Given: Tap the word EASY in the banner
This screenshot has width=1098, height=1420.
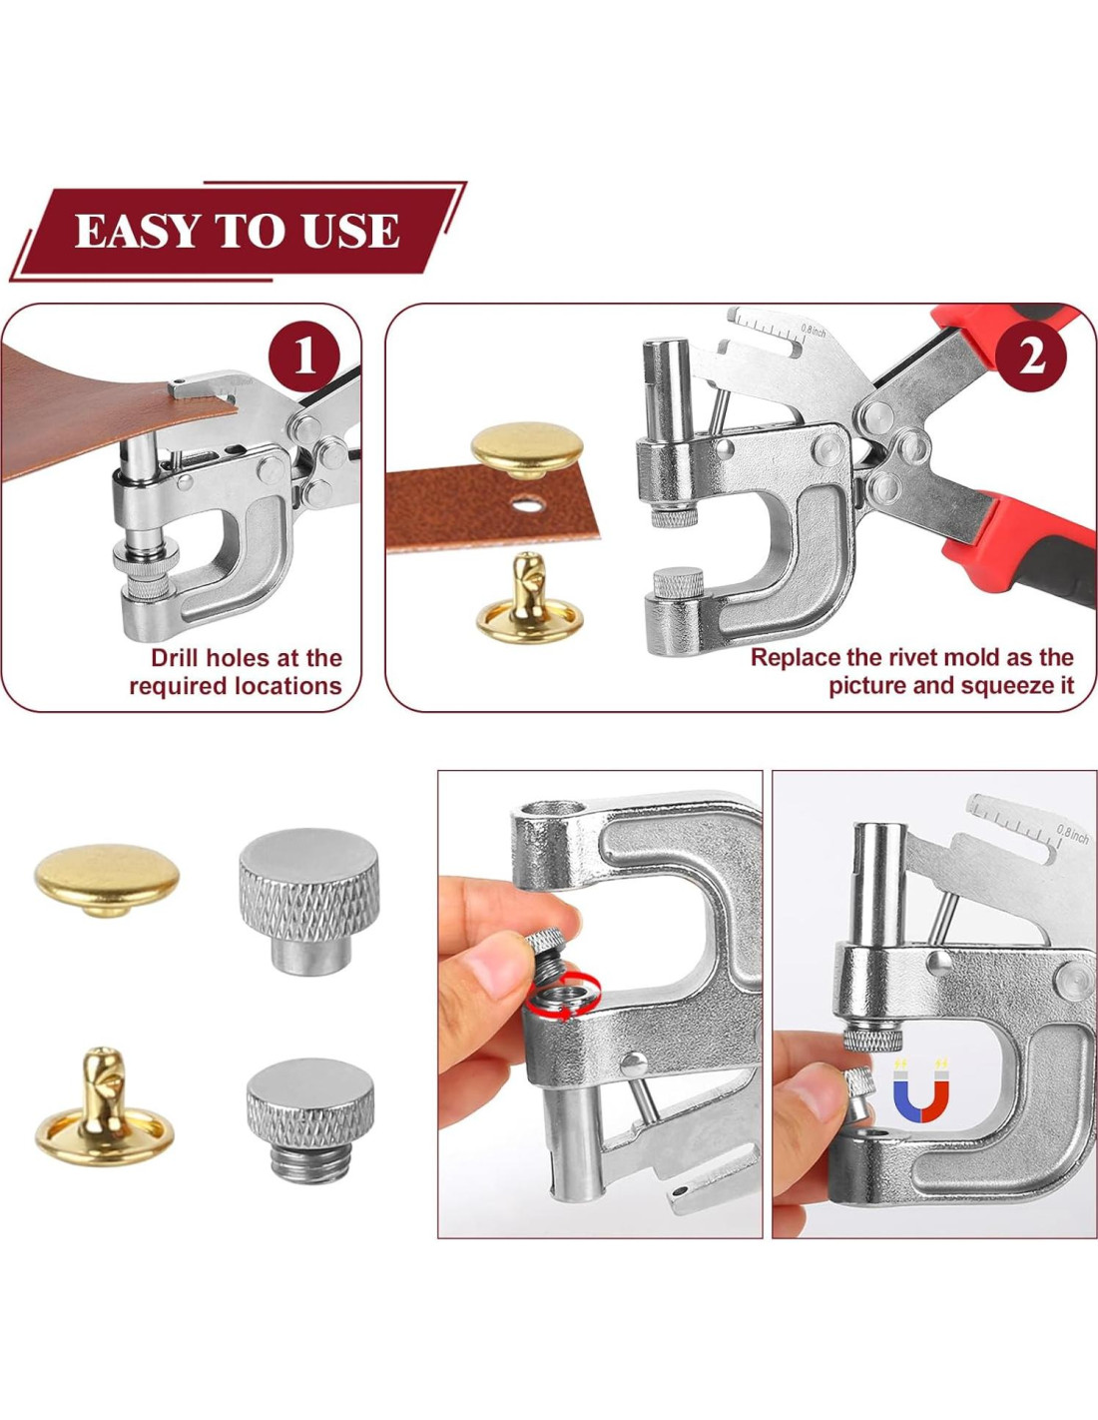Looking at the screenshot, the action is pyautogui.click(x=136, y=231).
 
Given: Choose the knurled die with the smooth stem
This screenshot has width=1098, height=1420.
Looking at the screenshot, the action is pyautogui.click(x=309, y=901).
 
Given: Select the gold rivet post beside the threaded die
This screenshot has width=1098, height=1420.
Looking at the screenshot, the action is pyautogui.click(x=105, y=1106).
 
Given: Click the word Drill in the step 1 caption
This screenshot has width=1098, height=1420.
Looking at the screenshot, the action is pyautogui.click(x=179, y=657).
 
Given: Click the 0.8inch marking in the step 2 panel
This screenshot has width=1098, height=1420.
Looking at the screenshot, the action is pyautogui.click(x=814, y=332).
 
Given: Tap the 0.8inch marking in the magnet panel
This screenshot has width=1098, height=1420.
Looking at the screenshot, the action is pyautogui.click(x=1073, y=832).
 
